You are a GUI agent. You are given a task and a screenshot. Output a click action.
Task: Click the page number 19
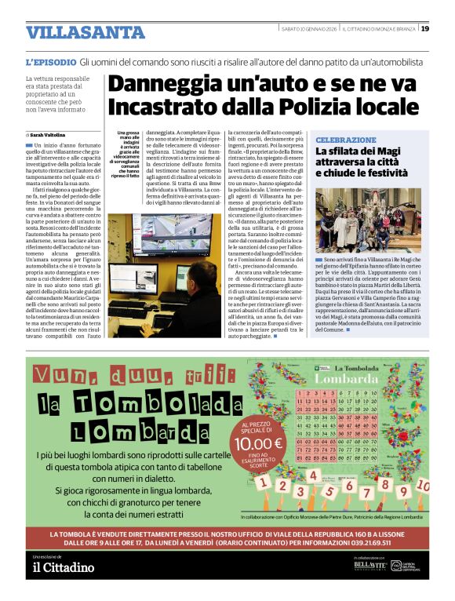click(x=424, y=28)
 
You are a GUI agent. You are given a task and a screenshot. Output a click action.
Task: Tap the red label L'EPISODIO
click(x=51, y=61)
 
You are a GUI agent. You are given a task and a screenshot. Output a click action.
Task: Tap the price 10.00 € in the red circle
click(x=258, y=443)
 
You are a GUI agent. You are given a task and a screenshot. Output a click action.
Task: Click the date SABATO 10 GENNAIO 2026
click(x=310, y=29)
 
